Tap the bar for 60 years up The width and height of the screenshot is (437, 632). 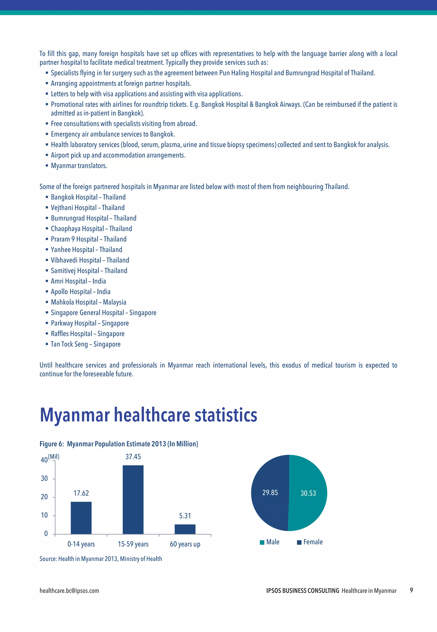(x=185, y=529)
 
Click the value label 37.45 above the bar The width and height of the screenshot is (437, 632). (x=133, y=457)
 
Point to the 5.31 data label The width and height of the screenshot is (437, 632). (x=185, y=516)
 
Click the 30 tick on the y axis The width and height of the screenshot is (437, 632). (x=44, y=478)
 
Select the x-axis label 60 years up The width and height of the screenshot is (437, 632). (x=185, y=544)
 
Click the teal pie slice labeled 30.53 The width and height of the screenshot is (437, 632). (x=308, y=493)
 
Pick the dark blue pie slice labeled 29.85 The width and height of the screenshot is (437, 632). (x=270, y=493)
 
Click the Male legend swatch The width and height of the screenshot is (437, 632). (x=262, y=542)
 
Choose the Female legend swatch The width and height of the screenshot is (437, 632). (x=299, y=542)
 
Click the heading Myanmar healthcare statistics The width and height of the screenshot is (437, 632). (x=148, y=415)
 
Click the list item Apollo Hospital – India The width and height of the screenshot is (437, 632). (x=80, y=292)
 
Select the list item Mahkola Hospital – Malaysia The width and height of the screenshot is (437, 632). (x=88, y=302)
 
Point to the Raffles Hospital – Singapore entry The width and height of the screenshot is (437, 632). (x=88, y=334)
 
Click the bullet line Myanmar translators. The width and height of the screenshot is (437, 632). (x=79, y=166)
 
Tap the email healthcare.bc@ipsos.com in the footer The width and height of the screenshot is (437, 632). (x=69, y=591)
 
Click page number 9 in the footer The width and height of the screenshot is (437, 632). (x=411, y=590)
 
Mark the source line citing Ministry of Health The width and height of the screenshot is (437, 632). (x=101, y=559)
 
